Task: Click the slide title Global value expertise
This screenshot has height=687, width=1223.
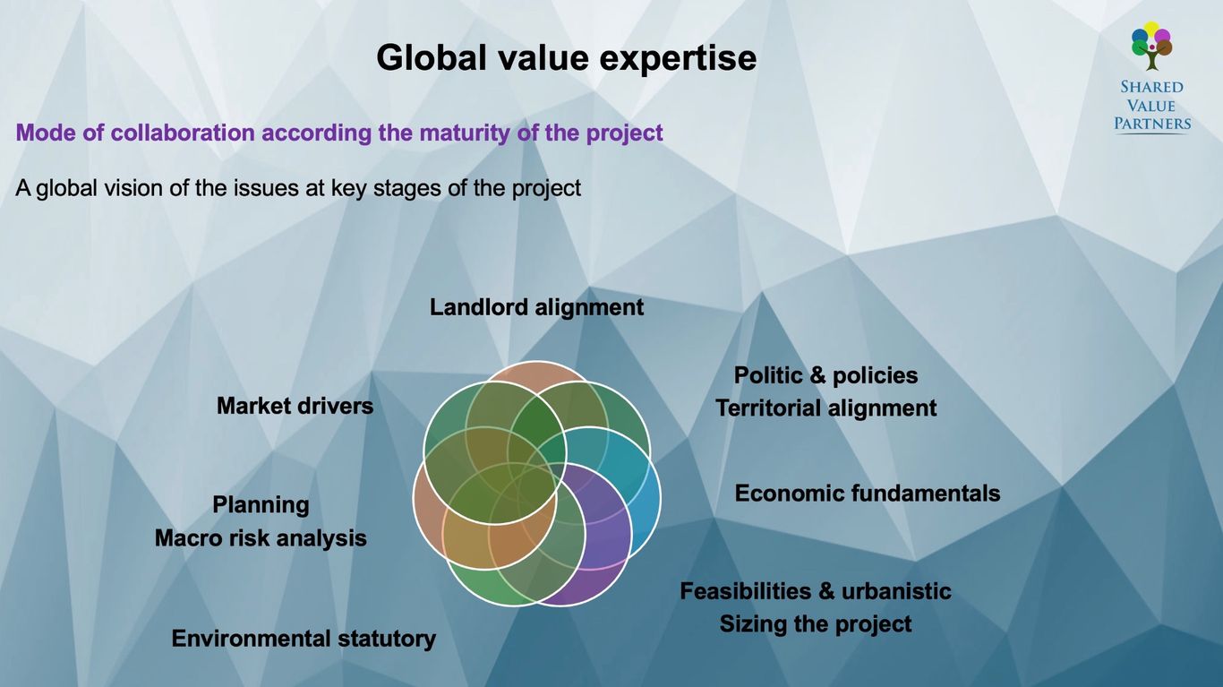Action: tap(566, 58)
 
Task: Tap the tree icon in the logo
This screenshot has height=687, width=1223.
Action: tap(1151, 46)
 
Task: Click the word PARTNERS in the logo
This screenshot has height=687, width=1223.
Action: tap(1152, 124)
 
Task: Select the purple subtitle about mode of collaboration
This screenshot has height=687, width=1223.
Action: tap(339, 133)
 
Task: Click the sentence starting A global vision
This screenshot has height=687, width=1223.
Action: tap(298, 188)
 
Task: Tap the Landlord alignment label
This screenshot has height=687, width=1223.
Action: tap(536, 307)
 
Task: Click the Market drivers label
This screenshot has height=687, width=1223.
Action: tap(295, 406)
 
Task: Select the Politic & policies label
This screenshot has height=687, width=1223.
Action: tap(825, 375)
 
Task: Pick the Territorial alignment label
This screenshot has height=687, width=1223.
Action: tap(826, 408)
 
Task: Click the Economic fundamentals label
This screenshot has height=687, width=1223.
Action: tap(868, 494)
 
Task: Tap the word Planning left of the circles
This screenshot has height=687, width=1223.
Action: tap(261, 505)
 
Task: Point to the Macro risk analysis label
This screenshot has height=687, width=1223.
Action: tap(261, 538)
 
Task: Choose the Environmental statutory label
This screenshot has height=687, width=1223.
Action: tap(304, 639)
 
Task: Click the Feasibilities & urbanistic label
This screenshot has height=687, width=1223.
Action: tap(815, 591)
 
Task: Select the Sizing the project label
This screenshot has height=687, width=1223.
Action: tap(815, 624)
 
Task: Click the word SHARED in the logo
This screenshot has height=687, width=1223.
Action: tap(1151, 87)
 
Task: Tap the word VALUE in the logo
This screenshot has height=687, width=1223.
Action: tap(1151, 106)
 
